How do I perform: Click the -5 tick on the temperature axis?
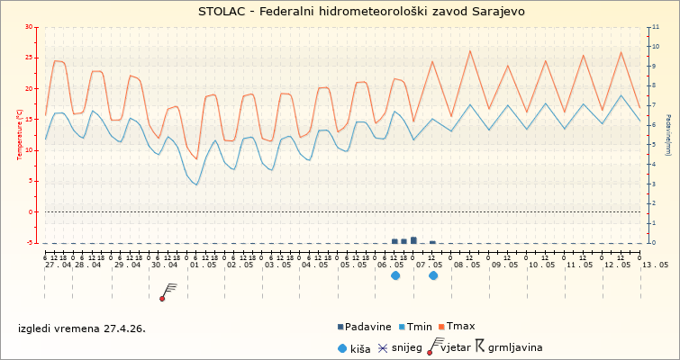click(32, 243)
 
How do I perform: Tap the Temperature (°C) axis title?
click(20, 134)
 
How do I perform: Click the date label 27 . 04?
click(59, 265)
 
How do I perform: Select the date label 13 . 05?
click(655, 265)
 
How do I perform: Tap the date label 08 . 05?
click(466, 265)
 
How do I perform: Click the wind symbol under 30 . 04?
click(167, 292)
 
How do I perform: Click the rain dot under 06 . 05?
click(395, 275)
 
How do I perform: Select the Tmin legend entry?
click(419, 327)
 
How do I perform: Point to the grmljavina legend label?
click(514, 346)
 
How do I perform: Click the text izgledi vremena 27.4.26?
click(82, 328)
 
